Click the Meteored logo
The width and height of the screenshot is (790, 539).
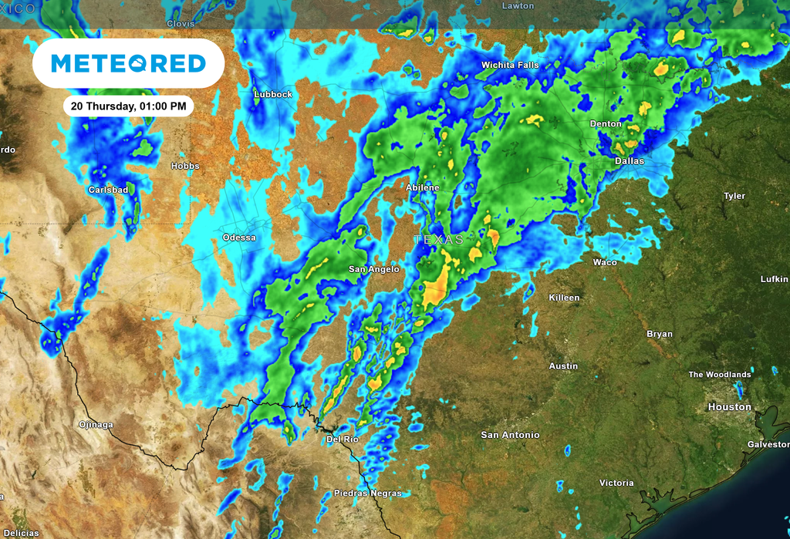(x=128, y=63)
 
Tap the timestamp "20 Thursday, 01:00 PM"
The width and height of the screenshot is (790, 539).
(x=127, y=106)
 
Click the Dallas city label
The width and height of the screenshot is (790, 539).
(x=630, y=161)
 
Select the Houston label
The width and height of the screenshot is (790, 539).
(x=729, y=406)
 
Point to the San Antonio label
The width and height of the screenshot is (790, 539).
(x=510, y=435)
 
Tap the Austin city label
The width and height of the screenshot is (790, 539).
(x=563, y=366)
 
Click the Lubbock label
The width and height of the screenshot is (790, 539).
(x=273, y=94)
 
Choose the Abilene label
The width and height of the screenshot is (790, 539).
(x=422, y=187)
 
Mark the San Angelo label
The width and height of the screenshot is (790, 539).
(x=374, y=269)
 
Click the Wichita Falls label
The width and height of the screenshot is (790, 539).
(x=510, y=66)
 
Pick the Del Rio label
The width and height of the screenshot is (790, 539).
(x=343, y=439)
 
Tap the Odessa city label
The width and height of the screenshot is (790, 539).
(x=239, y=237)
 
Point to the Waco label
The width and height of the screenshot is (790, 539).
(x=605, y=262)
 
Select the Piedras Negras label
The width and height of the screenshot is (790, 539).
(x=367, y=493)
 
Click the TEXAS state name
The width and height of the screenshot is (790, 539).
(x=438, y=240)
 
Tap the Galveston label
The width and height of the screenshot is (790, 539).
(x=768, y=444)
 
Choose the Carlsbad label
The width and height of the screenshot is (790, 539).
(x=108, y=190)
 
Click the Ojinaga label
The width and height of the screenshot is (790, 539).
(x=96, y=425)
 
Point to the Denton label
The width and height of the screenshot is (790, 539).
(x=606, y=123)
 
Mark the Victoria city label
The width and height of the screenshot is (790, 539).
(x=616, y=483)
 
